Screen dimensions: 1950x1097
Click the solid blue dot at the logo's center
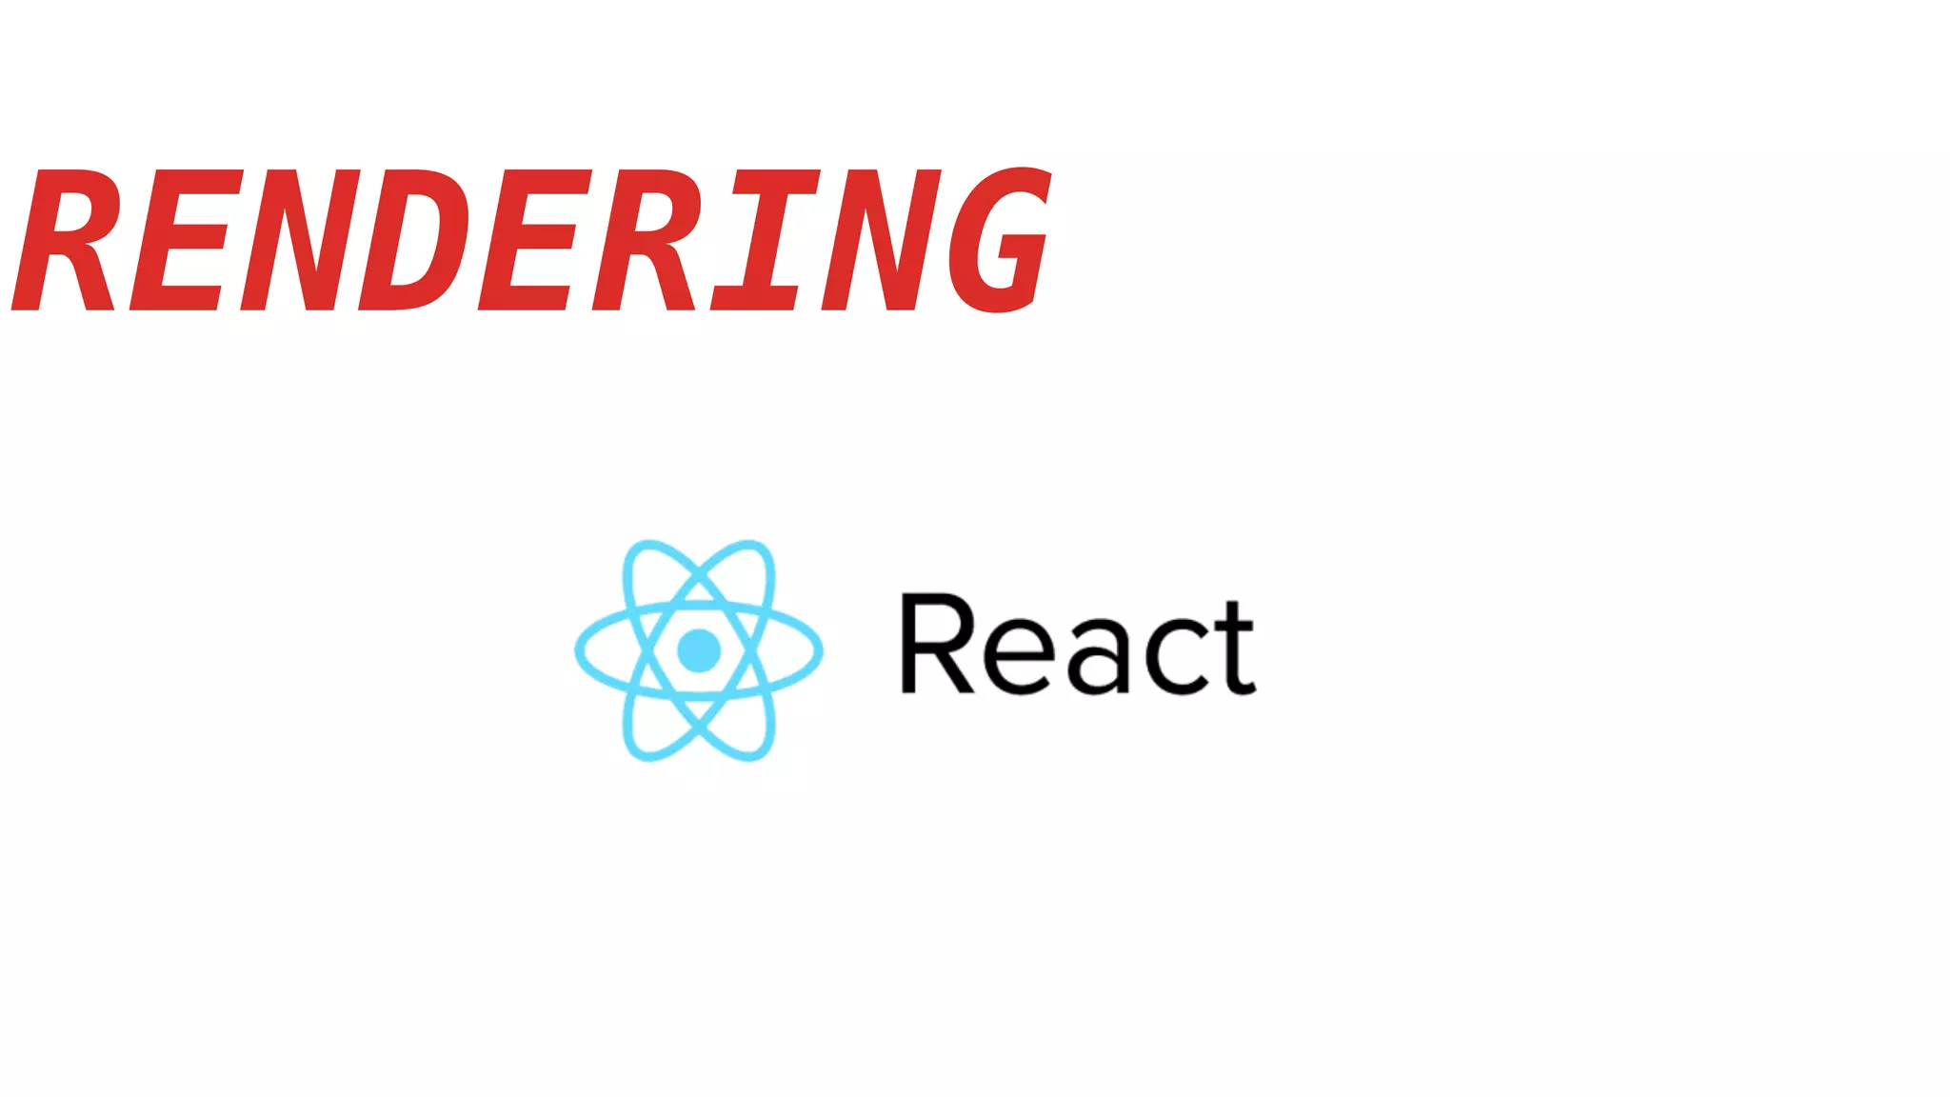pyautogui.click(x=699, y=650)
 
